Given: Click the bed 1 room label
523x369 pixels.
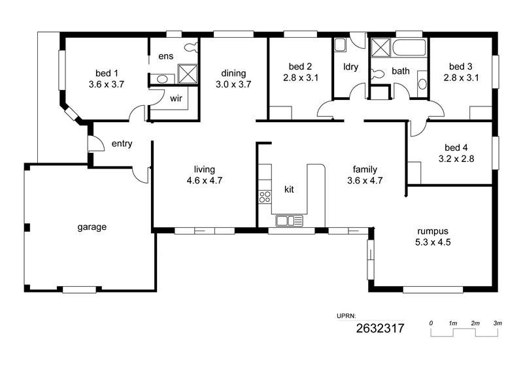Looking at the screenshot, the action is pos(107,73).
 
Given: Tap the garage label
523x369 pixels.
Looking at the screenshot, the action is pos(92,227).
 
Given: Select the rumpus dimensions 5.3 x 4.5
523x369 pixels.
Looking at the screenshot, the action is pos(433,242).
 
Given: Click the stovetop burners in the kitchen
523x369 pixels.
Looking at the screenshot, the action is pos(265,197).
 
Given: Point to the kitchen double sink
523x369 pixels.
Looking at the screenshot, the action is pos(289,221).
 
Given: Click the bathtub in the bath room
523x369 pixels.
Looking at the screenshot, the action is pos(409,48).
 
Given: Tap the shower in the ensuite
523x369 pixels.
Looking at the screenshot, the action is pos(188,74).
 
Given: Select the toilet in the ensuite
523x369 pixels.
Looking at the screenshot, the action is pos(192,48).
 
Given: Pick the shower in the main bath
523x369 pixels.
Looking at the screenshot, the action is pos(380,48).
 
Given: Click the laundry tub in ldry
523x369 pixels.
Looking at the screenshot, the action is pos(340,45).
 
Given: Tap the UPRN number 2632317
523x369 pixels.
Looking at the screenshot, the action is pos(380,329).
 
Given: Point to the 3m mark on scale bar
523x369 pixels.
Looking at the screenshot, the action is pos(498,323).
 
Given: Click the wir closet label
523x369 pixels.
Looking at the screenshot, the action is pos(176,99).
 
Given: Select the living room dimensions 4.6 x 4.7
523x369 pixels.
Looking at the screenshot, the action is pos(205,181).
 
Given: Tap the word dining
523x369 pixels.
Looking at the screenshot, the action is pos(233,74).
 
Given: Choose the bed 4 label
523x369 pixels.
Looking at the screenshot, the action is pos(456,148).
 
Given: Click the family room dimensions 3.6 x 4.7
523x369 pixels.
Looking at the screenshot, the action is pos(365,181).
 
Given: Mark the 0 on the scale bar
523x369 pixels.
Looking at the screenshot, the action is pos(431,323).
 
